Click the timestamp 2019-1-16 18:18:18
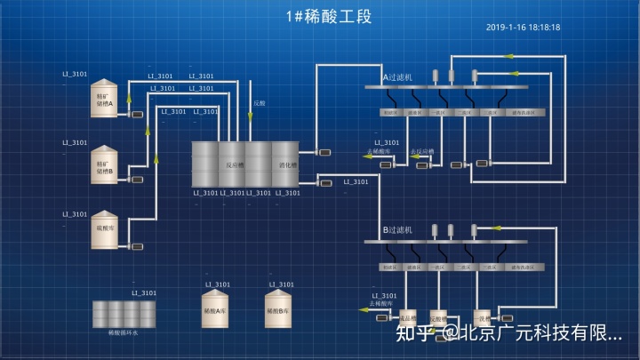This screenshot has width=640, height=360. [523, 28]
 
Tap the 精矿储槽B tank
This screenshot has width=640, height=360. [105, 164]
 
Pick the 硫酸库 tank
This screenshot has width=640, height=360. [105, 229]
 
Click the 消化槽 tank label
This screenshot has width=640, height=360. [287, 164]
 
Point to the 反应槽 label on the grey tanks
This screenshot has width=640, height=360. [233, 164]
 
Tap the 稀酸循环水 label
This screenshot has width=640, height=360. [124, 332]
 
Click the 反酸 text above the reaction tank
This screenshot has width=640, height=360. [259, 103]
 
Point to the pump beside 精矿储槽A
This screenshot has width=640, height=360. [137, 114]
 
